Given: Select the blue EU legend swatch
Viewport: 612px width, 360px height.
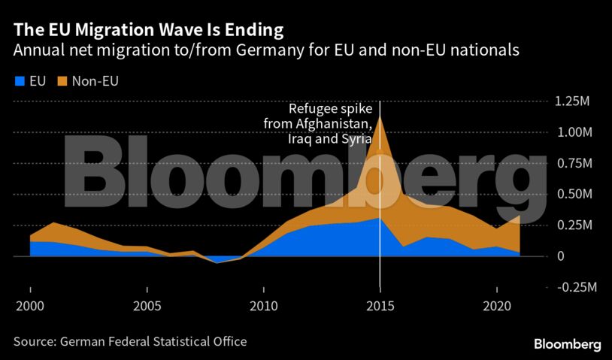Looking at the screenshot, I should click(19, 81).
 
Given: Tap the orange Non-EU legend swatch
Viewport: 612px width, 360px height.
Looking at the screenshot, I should click(62, 81).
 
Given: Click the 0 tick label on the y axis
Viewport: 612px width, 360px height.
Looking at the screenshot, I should click(559, 256).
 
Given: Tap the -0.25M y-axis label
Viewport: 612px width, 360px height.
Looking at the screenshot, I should click(576, 287).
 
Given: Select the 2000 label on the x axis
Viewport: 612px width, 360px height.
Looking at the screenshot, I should click(30, 308).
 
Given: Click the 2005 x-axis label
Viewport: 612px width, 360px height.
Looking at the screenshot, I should click(147, 308).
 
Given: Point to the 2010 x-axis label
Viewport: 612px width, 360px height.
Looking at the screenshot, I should click(263, 308).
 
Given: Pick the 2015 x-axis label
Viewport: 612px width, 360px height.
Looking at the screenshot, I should click(380, 308).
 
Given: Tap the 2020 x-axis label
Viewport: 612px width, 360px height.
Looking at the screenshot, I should click(496, 308).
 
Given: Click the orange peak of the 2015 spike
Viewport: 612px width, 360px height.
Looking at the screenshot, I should click(380, 119).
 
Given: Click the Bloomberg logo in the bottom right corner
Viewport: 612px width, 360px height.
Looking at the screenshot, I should click(567, 343).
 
